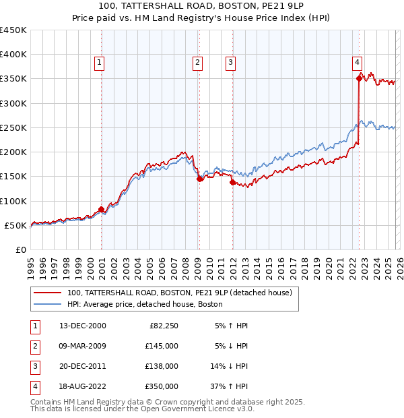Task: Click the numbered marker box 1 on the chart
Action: point(99,63)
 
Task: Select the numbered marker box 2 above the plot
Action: point(198,63)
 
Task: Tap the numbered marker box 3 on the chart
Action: point(230,63)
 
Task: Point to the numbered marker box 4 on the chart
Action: point(357,63)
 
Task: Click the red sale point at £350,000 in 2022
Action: point(359,79)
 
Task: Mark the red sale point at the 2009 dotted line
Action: point(199,179)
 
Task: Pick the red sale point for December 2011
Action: point(232,182)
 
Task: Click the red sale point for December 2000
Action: point(102,209)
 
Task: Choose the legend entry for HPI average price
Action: point(145,304)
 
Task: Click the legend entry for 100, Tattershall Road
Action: point(179,293)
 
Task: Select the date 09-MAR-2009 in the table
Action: point(82,346)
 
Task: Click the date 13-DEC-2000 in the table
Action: point(82,326)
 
